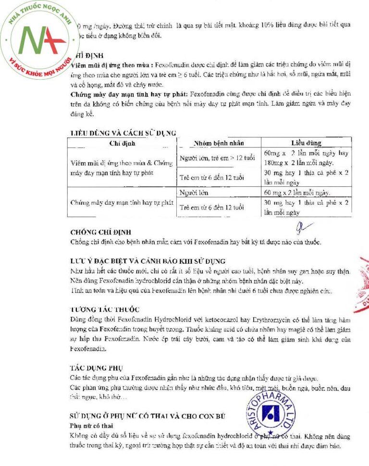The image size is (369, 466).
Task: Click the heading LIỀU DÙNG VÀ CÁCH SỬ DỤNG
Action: coord(123,133)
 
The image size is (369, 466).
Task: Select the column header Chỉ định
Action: coord(123,143)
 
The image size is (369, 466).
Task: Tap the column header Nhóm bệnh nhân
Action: coord(219,143)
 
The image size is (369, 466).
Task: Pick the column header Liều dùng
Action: coord(306,143)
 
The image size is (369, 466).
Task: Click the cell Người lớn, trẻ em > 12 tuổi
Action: coord(217,158)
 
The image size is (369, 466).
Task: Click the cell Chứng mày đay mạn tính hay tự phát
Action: coord(122,202)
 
